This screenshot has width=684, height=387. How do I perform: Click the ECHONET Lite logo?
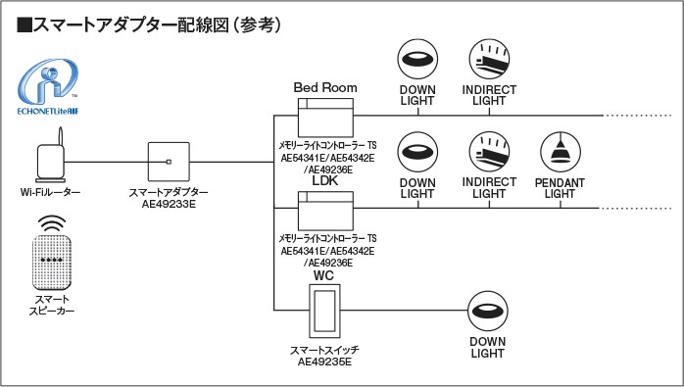48,86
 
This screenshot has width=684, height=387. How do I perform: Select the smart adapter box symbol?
169,162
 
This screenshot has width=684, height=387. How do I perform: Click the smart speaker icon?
52,252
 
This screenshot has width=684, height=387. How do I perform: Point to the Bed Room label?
325,88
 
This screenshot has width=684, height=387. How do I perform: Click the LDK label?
325,180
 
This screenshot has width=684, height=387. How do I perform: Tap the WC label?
323,275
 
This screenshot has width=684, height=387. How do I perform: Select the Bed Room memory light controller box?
325,118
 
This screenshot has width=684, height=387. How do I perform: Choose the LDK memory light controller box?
325,211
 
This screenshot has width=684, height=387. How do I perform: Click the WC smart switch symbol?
324,311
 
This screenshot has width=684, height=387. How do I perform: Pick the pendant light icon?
561,152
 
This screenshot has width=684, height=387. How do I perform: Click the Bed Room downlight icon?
417,59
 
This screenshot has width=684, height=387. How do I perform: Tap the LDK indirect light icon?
489,152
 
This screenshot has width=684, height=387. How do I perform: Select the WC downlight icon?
488,312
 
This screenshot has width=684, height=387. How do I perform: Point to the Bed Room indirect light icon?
489,59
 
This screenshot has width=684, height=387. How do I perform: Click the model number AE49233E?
169,204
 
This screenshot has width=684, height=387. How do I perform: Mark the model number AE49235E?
324,362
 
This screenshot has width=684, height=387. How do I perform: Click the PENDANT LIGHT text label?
560,188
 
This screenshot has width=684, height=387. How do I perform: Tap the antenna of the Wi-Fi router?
61,137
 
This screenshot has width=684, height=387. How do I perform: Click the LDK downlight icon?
417,152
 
